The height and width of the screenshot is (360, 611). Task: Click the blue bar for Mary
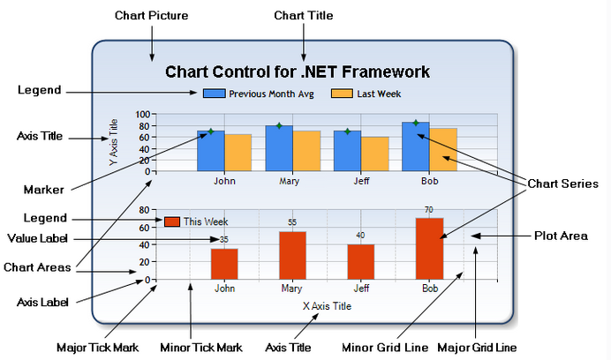[279, 148]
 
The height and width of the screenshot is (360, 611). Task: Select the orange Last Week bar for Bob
[443, 150]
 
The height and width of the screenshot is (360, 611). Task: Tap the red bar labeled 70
[429, 249]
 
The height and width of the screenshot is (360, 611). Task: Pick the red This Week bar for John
[224, 264]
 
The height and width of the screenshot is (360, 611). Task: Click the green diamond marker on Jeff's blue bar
[348, 131]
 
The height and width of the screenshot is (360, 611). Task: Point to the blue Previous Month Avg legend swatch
[214, 94]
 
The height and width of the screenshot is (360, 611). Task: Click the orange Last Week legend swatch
[342, 94]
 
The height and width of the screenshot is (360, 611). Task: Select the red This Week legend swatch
[172, 221]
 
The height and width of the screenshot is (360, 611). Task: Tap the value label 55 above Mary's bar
[292, 222]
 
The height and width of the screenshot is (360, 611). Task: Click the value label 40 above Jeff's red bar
[360, 236]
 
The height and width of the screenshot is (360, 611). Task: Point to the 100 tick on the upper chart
[143, 114]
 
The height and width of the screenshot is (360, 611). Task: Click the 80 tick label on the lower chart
[144, 210]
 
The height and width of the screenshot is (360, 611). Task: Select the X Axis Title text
[327, 306]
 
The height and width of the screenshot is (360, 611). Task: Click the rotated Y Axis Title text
[113, 142]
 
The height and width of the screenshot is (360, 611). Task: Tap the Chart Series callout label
[562, 184]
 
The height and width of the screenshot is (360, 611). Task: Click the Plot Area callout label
[561, 236]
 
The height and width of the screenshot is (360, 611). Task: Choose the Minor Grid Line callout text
[385, 348]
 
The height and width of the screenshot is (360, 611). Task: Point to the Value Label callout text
[37, 238]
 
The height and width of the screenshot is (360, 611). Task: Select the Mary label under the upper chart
[289, 181]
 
